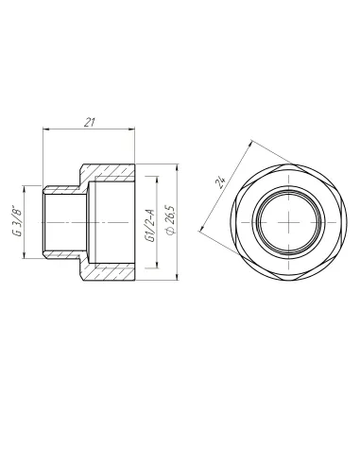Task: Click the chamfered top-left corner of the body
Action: click(x=85, y=168)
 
